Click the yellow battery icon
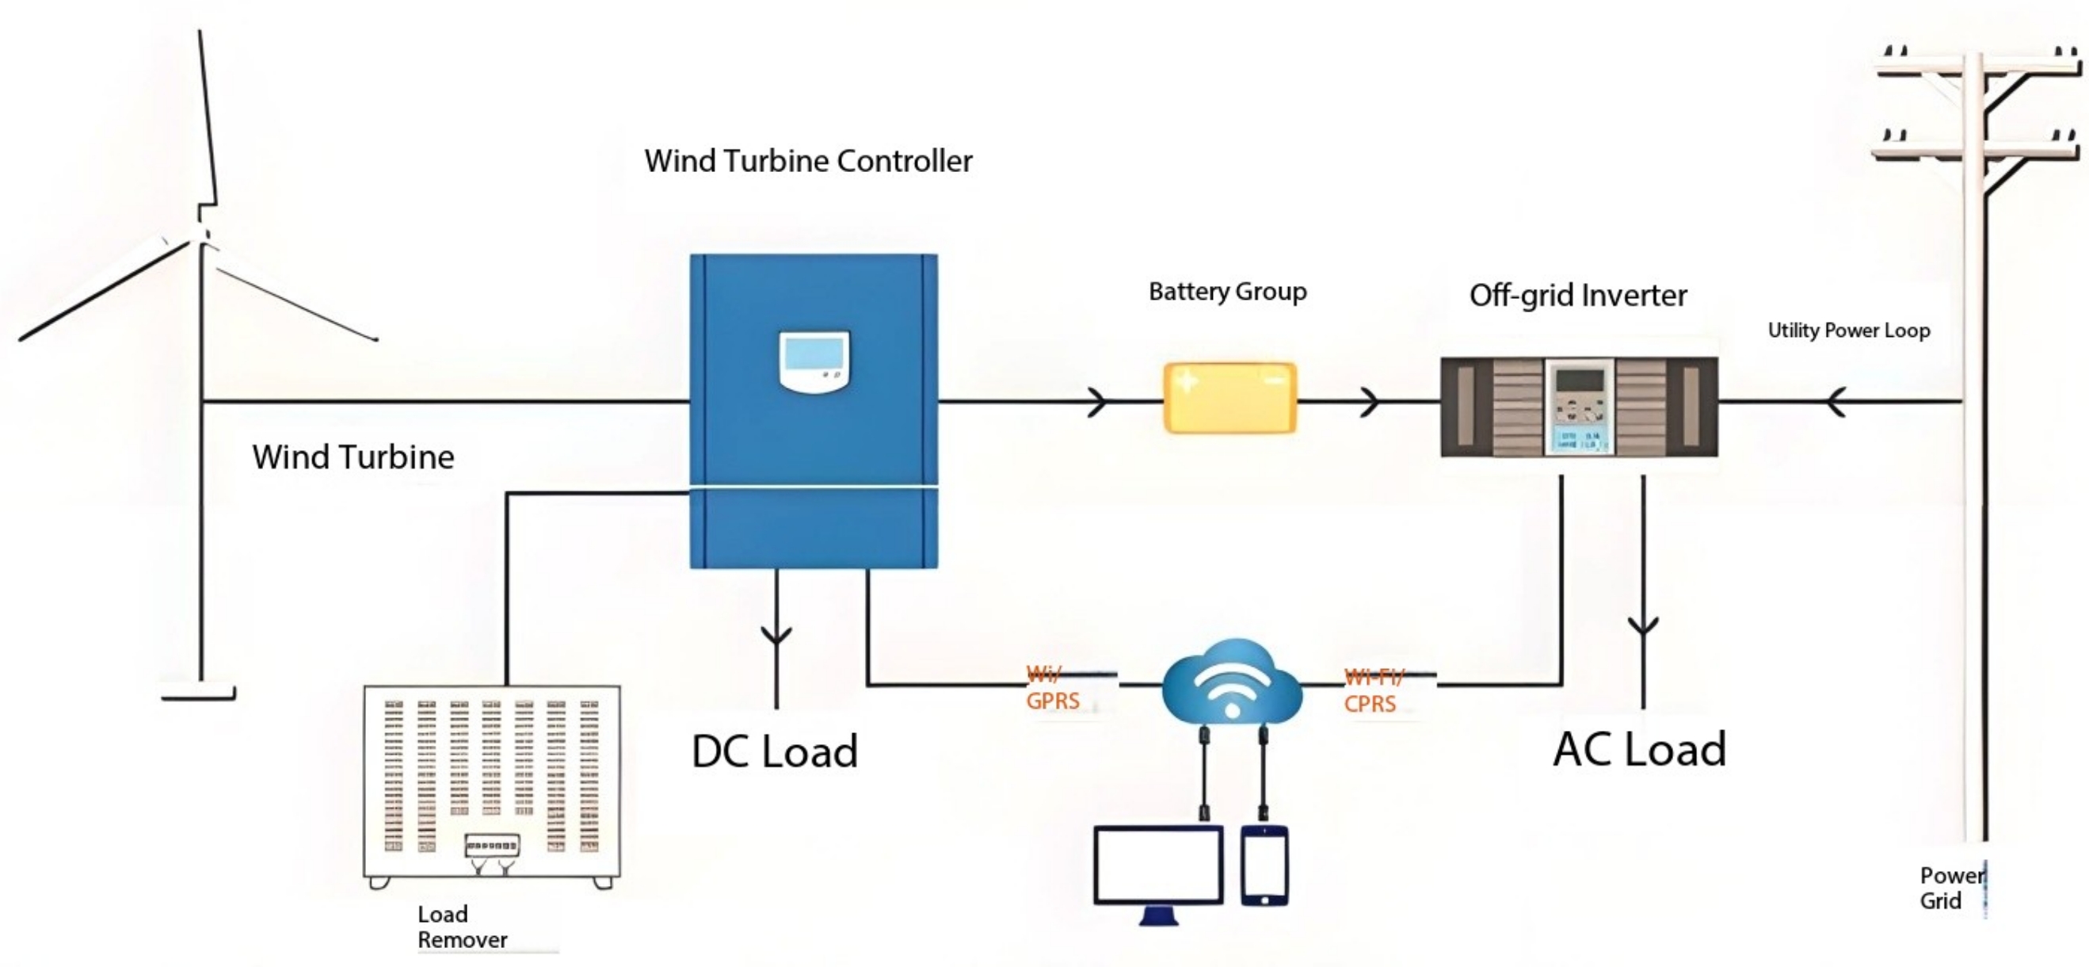click(x=1229, y=398)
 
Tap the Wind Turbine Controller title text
click(x=808, y=161)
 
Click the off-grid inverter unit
click(x=1578, y=407)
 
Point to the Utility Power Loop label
click(x=1848, y=331)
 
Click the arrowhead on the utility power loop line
click(x=1836, y=402)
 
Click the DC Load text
click(x=775, y=751)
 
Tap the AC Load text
click(x=1639, y=749)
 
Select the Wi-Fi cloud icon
click(x=1231, y=682)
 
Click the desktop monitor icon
click(x=1158, y=870)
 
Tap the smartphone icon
click(x=1264, y=865)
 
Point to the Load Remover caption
click(x=461, y=927)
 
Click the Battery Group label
click(x=1227, y=291)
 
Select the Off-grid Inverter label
click(x=1577, y=296)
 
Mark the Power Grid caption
click(x=1949, y=888)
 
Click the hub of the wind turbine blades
click(x=200, y=235)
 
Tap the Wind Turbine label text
click(x=353, y=457)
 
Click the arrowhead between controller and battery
click(x=1097, y=402)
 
